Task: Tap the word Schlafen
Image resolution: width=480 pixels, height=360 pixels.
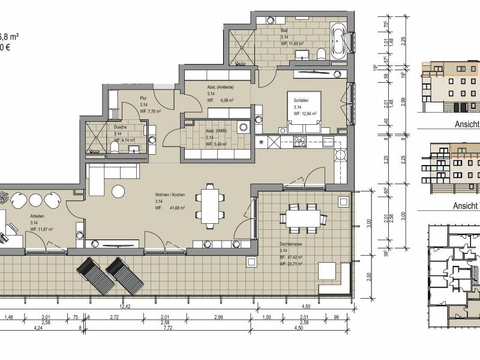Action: click(301, 100)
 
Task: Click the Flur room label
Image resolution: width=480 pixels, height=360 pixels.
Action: click(143, 97)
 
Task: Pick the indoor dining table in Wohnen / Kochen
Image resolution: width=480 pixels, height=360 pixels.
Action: click(210, 204)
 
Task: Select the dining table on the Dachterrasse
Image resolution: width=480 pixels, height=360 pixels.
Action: click(302, 217)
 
